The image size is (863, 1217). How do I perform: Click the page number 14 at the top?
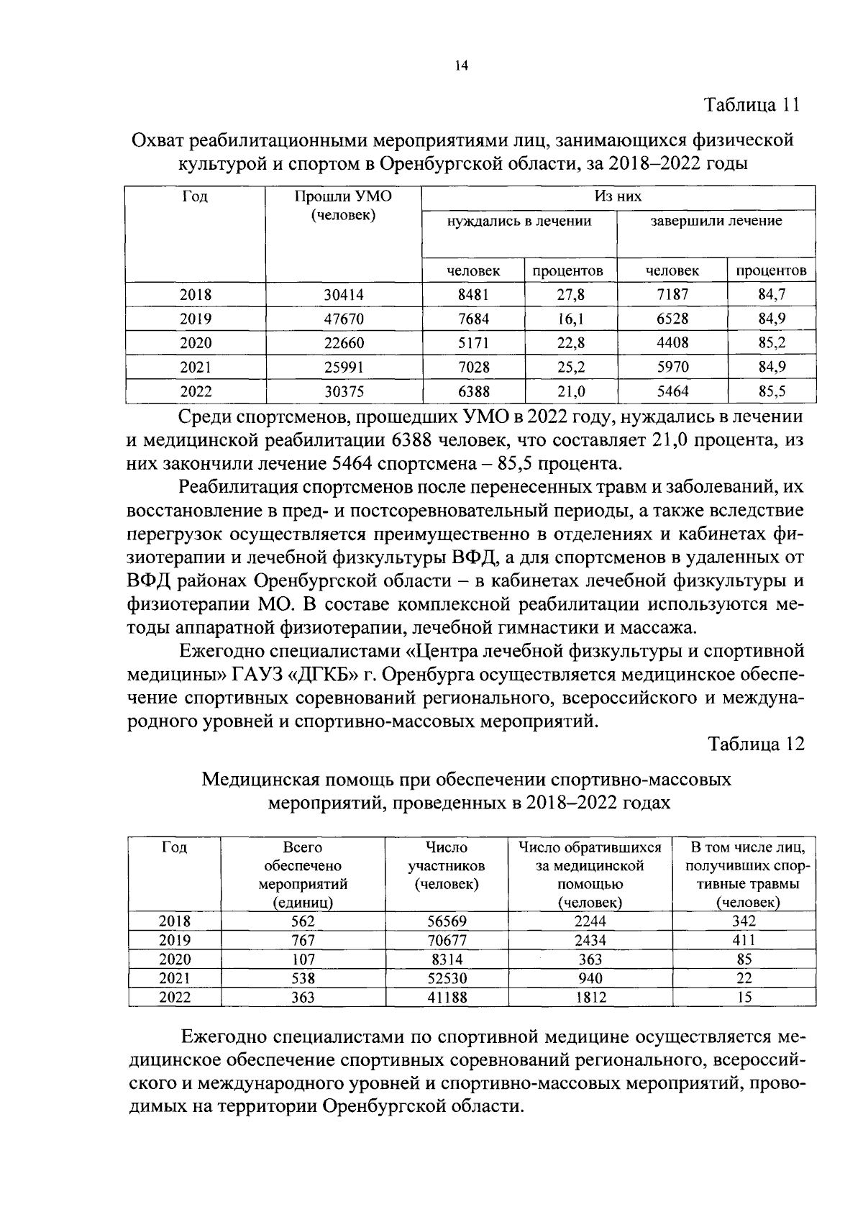click(461, 65)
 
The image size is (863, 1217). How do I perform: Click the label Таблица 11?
click(752, 105)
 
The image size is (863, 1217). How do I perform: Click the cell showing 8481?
click(473, 294)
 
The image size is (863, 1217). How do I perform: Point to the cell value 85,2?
click(771, 343)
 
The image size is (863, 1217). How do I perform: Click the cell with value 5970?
click(672, 368)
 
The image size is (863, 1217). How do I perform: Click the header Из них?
click(618, 196)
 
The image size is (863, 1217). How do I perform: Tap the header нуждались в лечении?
click(519, 222)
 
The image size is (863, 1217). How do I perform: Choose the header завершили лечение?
click(716, 222)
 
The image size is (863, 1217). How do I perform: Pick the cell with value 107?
click(303, 960)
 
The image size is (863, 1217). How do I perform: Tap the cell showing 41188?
click(446, 998)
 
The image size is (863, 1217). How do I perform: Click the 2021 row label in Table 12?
click(174, 978)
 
